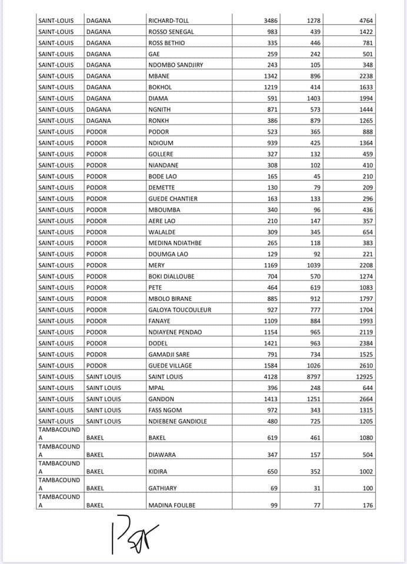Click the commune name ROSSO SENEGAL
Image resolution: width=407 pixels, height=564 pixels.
171,32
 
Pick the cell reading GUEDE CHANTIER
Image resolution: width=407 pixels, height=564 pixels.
173,199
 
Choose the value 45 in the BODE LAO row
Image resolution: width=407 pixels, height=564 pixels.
316,176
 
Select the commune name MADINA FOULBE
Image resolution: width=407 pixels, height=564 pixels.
172,505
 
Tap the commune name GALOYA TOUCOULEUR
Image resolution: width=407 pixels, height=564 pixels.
179,310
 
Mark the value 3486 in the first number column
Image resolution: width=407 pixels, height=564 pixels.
267,21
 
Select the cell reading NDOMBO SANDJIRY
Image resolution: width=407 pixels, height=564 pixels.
175,65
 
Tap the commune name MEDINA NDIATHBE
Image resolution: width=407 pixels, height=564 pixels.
176,243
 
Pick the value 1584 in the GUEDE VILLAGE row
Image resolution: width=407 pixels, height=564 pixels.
267,365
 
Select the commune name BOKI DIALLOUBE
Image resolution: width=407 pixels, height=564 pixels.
171,276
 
